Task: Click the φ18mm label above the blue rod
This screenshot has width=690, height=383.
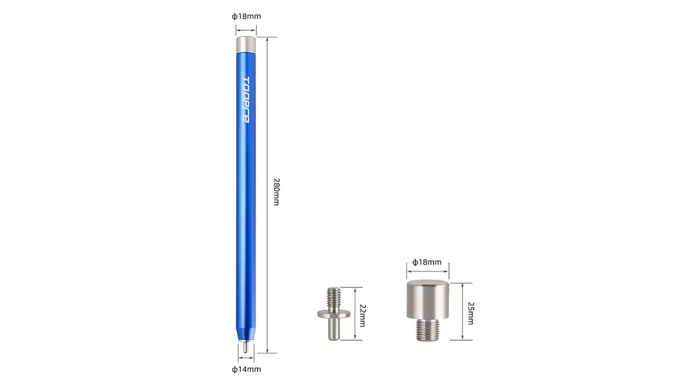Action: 246,16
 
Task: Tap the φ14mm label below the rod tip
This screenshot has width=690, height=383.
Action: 246,369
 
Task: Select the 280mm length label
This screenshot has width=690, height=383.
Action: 277,192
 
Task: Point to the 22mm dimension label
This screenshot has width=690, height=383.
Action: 362,315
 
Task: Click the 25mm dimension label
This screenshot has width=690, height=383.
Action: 470,313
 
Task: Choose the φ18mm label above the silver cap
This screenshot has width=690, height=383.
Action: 427,262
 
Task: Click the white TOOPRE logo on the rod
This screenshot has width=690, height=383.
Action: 246,100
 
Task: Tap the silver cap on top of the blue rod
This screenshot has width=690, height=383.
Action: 246,44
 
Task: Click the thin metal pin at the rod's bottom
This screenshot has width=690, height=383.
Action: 245,347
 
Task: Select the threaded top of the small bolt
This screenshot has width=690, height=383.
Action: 334,299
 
